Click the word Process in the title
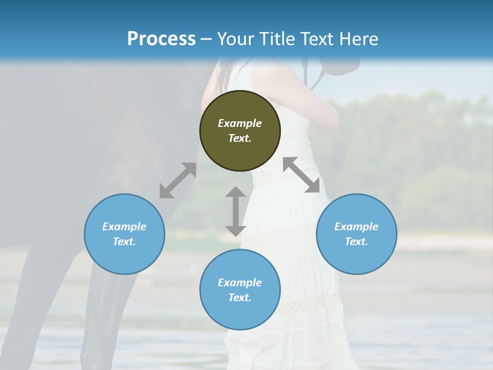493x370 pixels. (161, 39)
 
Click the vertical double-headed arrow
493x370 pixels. (236, 211)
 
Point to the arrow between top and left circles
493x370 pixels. (178, 180)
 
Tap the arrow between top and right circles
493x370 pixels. (301, 175)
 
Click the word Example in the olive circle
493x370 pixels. (240, 123)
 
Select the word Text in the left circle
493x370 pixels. (124, 242)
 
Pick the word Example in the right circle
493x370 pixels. (356, 227)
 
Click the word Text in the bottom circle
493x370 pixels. (240, 298)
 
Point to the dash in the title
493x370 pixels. (206, 40)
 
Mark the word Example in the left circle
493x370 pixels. (124, 227)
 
